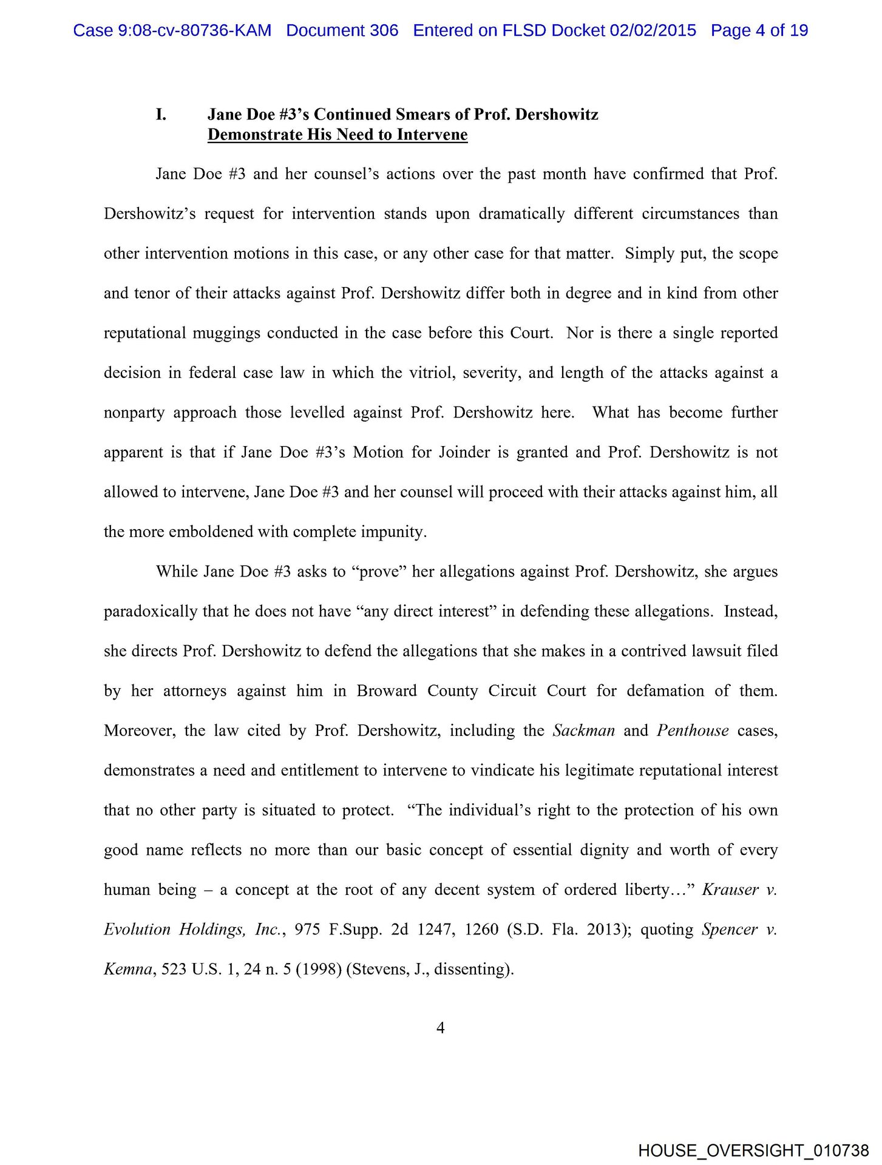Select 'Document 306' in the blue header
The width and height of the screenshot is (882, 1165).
pyautogui.click(x=342, y=30)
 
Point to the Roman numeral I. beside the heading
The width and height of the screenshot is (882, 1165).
pyautogui.click(x=161, y=115)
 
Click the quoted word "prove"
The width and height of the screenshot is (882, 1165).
pyautogui.click(x=378, y=572)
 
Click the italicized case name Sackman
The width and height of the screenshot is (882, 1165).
pyautogui.click(x=584, y=731)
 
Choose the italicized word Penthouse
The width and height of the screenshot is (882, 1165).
pyautogui.click(x=693, y=731)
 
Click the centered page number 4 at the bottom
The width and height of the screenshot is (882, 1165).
pyautogui.click(x=441, y=1028)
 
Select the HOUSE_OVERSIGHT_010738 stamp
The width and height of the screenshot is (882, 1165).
pyautogui.click(x=753, y=1150)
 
